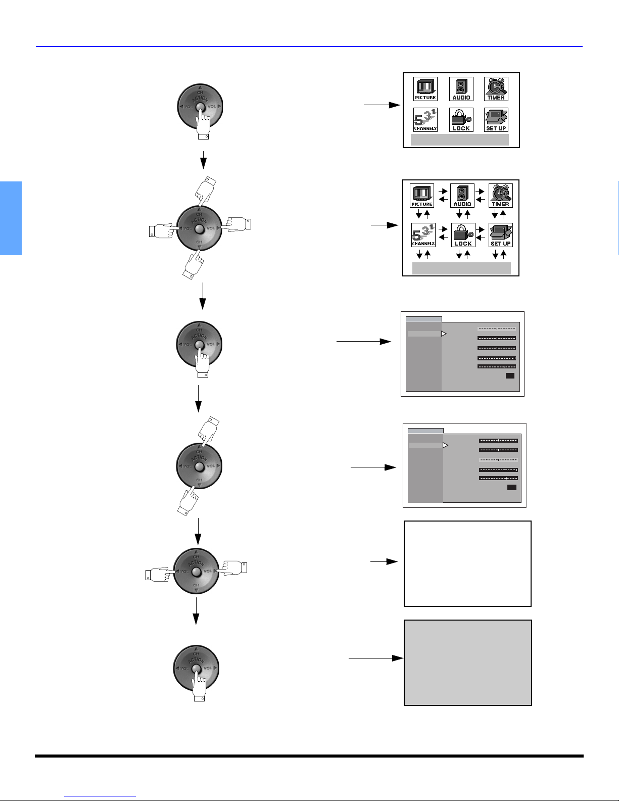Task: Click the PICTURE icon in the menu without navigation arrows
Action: [425, 89]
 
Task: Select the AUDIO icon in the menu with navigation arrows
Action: [462, 196]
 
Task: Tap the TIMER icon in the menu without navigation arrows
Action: [496, 89]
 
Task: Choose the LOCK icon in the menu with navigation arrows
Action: [463, 235]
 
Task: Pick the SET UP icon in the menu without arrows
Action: [496, 120]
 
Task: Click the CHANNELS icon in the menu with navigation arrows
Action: [423, 235]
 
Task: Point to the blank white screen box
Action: [467, 563]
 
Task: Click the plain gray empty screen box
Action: [467, 663]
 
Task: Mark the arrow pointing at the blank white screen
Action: [384, 561]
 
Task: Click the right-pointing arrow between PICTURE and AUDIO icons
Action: [443, 192]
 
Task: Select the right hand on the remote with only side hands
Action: [233, 567]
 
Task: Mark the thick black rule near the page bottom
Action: [309, 756]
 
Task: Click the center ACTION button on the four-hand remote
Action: [199, 229]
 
